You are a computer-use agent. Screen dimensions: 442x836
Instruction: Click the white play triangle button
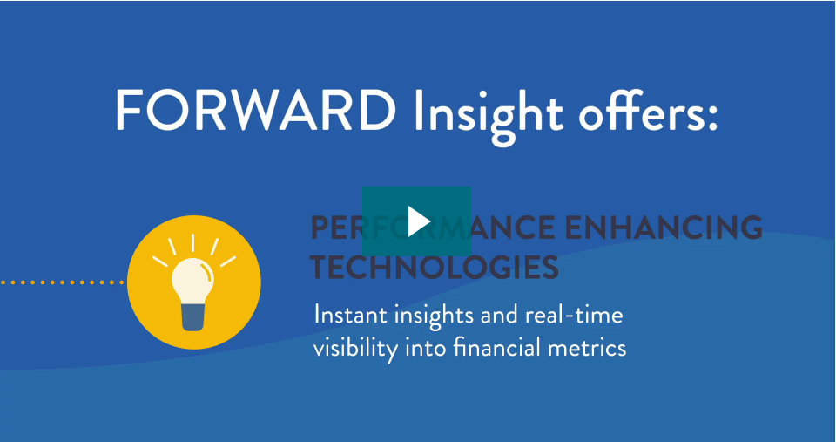click(x=418, y=221)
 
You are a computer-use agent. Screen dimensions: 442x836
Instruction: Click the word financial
click(x=485, y=348)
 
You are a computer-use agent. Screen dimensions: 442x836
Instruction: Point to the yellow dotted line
click(x=61, y=282)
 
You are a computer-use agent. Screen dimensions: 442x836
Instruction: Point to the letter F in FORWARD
click(x=128, y=112)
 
